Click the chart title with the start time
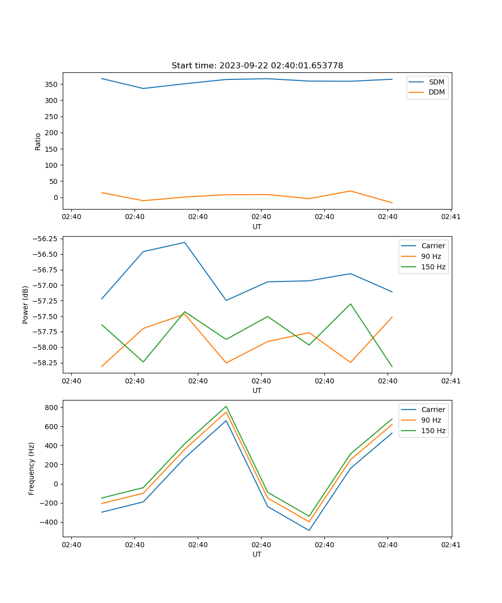coord(257,66)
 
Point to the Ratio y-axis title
coord(38,141)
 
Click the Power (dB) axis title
coord(26,305)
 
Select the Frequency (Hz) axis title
coord(32,468)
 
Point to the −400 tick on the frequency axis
coord(49,523)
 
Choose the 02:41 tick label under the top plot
coord(451,217)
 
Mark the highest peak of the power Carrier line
coord(185,242)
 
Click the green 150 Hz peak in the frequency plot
coord(226,406)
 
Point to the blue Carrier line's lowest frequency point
coord(309,530)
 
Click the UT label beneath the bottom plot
coord(257,554)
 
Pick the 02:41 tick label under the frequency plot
coord(451,545)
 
